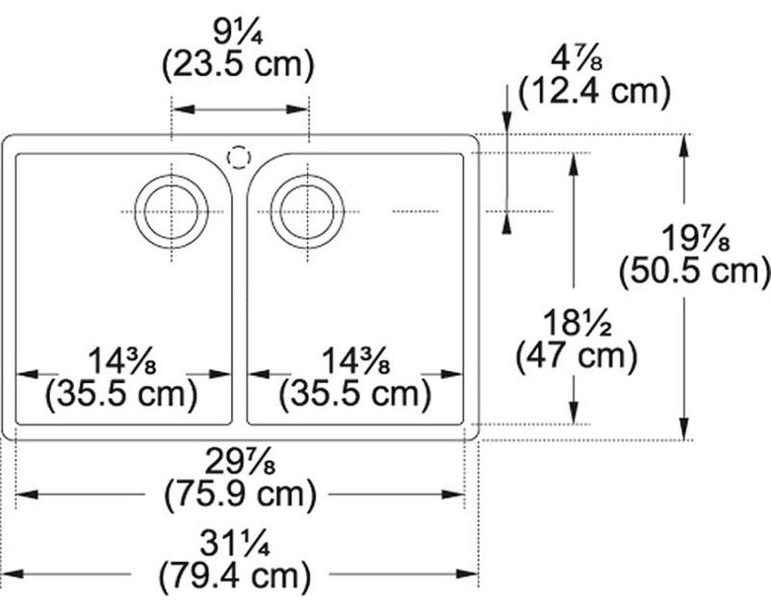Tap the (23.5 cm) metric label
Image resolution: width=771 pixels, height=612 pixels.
pyautogui.click(x=238, y=65)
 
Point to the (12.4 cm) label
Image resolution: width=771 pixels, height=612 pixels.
pyautogui.click(x=595, y=92)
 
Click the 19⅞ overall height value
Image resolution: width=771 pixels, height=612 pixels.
pyautogui.click(x=695, y=238)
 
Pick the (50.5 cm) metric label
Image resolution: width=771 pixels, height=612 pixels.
pyautogui.click(x=695, y=271)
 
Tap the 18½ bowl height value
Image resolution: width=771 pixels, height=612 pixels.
pyautogui.click(x=577, y=323)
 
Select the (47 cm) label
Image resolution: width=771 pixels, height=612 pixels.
pyautogui.click(x=576, y=356)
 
